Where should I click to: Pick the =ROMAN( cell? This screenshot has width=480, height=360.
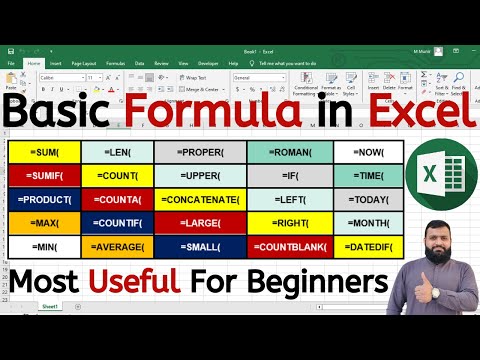[x=288, y=151]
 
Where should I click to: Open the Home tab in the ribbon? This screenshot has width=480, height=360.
[x=34, y=61]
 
